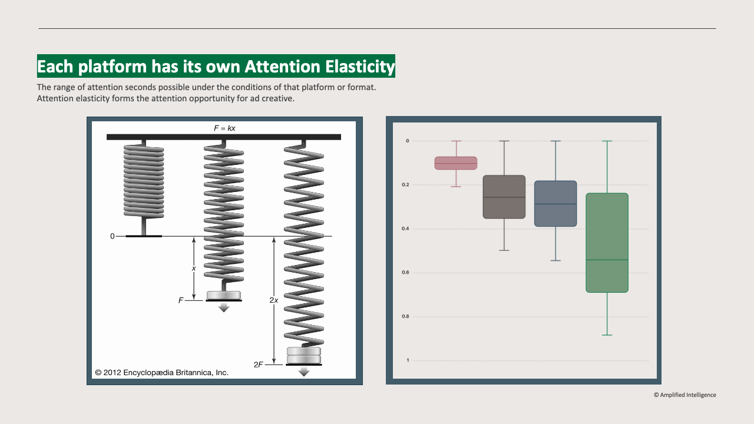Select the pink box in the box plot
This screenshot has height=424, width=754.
pos(456,163)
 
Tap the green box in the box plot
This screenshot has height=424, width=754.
pos(607,243)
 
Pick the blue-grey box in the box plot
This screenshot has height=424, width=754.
pos(555,204)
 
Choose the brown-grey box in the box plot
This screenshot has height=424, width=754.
pos(504,197)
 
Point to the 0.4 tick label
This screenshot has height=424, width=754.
pos(406,228)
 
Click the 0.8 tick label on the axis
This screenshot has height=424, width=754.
pos(406,316)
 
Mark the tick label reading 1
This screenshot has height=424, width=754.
pos(407,360)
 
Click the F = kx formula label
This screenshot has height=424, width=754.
pos(224,128)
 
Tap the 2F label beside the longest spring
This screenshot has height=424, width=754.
pos(258,365)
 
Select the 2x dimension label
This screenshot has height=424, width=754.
pos(274,300)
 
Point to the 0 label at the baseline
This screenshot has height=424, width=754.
pos(112,236)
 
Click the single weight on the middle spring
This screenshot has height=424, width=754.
pos(224,295)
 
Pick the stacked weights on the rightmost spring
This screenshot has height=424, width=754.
pos(304,355)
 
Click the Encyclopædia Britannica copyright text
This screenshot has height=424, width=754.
pos(162,373)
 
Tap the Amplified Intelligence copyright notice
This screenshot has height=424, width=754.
pos(685,395)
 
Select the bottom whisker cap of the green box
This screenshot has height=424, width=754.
pos(607,335)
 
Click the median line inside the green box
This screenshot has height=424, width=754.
pos(607,260)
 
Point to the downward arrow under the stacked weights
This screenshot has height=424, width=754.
pos(304,372)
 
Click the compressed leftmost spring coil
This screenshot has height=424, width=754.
pos(144,180)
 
